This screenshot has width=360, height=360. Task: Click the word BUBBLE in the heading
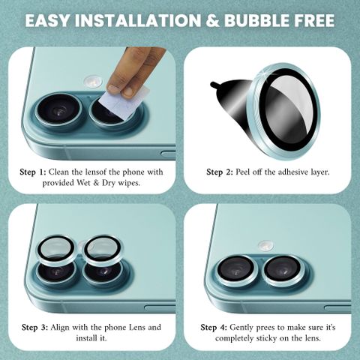256,20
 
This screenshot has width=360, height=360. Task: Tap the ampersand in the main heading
212,20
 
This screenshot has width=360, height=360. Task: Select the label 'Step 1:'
33,172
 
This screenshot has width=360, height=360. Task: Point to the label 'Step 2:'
220,172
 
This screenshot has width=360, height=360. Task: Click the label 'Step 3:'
34,328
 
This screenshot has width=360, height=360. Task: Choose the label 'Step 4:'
214,328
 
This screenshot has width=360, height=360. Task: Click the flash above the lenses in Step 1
93,82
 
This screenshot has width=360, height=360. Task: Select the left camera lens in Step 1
59,109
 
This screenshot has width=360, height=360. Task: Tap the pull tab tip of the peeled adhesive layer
213,85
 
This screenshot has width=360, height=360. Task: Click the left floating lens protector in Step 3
57,250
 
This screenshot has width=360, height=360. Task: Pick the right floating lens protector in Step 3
103,250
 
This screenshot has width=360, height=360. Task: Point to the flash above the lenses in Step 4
266,246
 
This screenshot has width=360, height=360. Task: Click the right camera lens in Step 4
283,271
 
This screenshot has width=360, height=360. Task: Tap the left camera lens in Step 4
236,271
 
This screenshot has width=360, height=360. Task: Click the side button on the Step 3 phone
160,308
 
